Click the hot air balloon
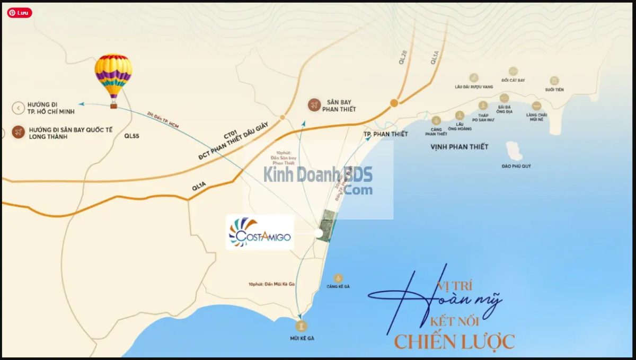[x=113, y=77]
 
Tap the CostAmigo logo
[x=260, y=232]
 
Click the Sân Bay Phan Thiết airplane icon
[x=314, y=105]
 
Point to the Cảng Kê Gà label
[x=338, y=286]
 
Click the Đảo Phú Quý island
[x=514, y=151]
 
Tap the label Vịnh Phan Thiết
[x=459, y=147]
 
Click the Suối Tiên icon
[x=554, y=81]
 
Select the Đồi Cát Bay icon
[x=513, y=72]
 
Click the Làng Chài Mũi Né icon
[x=536, y=106]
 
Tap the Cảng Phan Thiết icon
[x=436, y=120]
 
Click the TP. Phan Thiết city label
[x=386, y=134]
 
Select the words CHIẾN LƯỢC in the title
[x=454, y=341]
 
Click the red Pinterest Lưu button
[x=19, y=13]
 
